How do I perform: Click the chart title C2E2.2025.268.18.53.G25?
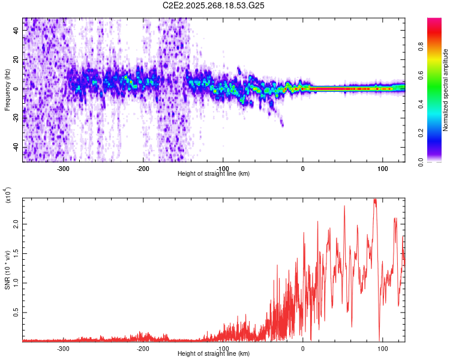214,6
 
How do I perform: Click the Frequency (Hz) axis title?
7,90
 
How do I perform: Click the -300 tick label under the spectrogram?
63,168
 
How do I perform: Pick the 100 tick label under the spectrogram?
382,168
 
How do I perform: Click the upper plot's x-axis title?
214,174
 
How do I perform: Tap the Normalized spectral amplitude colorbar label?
446,90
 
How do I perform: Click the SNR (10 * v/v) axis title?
7,270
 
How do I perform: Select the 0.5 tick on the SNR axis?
16,313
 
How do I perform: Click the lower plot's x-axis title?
214,354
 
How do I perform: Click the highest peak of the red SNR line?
375,200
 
